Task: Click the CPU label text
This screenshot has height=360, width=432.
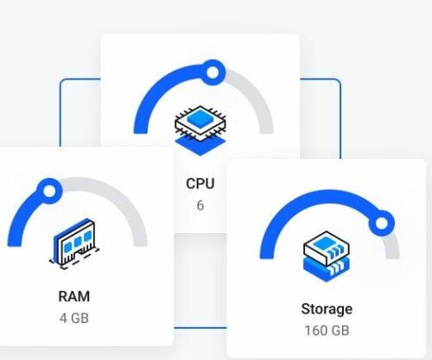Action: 200,184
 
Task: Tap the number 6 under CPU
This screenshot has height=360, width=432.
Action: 200,205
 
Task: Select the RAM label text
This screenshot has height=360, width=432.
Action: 74,296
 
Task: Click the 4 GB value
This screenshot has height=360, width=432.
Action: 74,318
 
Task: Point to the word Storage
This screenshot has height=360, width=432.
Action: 327,309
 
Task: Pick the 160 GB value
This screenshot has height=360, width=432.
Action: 327,331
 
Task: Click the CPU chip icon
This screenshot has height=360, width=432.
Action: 200,130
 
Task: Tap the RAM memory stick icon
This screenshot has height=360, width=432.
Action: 74,244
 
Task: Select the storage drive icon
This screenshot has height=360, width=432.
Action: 327,256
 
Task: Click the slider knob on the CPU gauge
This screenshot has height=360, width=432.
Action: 213,73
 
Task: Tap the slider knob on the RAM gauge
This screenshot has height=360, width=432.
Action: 49,191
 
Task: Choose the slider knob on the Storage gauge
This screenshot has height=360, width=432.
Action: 382,224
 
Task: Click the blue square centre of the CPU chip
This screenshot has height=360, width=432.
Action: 200,117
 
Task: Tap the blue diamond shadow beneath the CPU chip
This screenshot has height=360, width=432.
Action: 200,145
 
